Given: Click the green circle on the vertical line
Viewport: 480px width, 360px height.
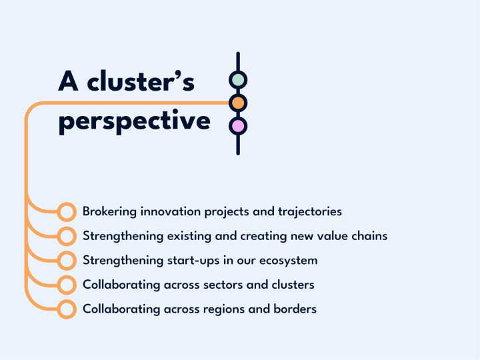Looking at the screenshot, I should click(x=238, y=80).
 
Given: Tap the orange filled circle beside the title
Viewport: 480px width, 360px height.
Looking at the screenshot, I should click(x=238, y=103).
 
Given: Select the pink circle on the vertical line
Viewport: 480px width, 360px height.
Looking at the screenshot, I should click(x=238, y=125).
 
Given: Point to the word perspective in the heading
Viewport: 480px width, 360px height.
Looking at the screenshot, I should click(x=134, y=123).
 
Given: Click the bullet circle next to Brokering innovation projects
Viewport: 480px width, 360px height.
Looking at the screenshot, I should click(x=66, y=212).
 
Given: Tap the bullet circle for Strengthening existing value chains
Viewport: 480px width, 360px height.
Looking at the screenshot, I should click(x=66, y=236).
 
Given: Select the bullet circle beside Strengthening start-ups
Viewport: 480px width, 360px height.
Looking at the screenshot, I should click(x=66, y=260).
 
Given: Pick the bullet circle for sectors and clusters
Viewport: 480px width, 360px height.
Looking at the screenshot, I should click(x=66, y=285).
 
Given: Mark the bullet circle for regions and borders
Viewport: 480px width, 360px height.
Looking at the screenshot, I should click(x=66, y=309).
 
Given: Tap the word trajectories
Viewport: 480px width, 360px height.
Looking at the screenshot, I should click(x=310, y=212).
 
